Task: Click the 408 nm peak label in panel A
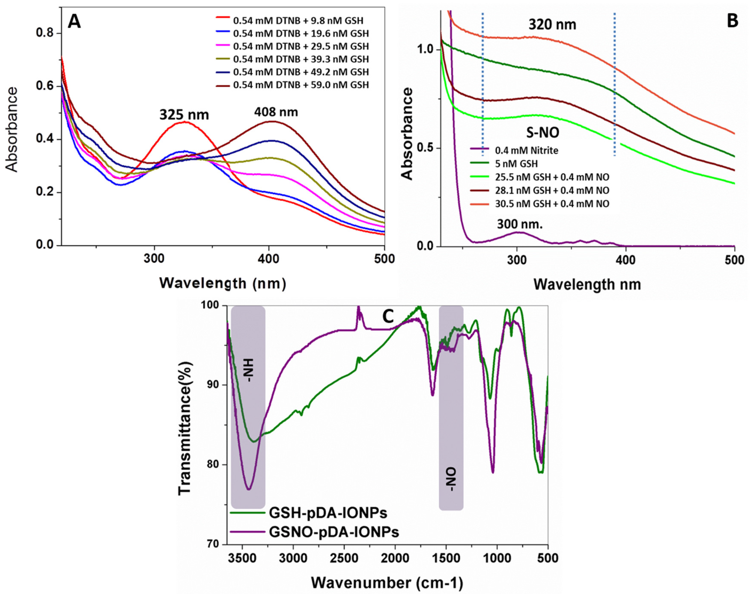pos(276,112)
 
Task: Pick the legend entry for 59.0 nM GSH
pos(301,85)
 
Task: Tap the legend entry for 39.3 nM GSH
pos(301,59)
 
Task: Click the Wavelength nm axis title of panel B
pos(587,284)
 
